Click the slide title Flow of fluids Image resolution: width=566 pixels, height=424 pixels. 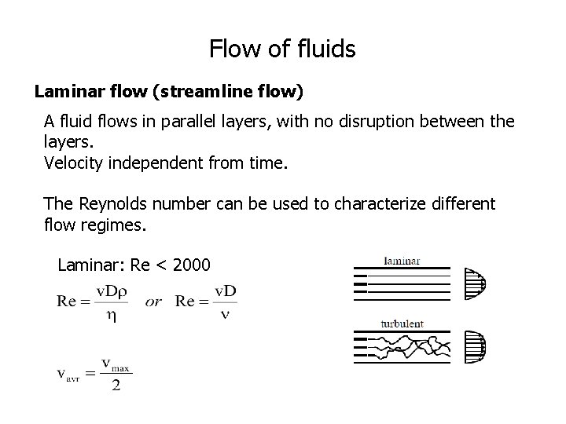click(x=282, y=49)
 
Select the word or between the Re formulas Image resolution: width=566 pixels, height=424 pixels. click(x=153, y=302)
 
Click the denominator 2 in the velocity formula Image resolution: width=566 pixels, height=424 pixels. click(x=116, y=386)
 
